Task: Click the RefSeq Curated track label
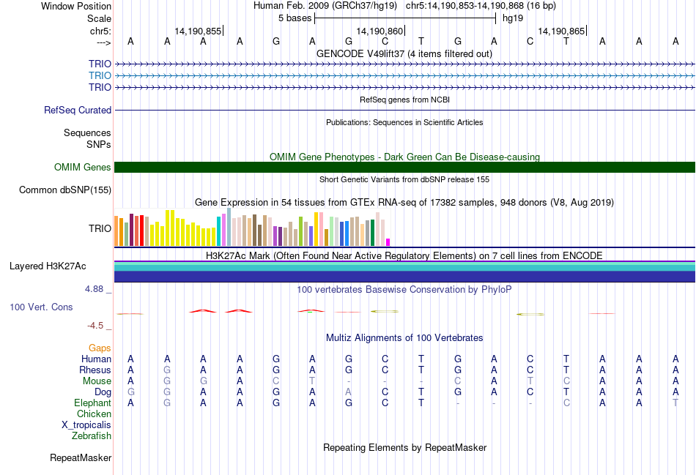(x=78, y=111)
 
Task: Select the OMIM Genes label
(x=83, y=168)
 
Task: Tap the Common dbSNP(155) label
(x=65, y=190)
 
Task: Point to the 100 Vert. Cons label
(x=41, y=307)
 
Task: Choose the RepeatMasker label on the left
(x=81, y=458)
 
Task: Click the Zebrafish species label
(x=92, y=436)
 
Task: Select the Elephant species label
(x=92, y=403)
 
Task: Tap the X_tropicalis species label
(x=86, y=425)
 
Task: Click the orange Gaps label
(x=100, y=348)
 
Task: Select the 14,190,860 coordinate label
(x=380, y=31)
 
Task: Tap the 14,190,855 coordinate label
(x=198, y=31)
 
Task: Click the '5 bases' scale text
(x=295, y=18)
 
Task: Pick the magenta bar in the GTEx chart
(x=388, y=242)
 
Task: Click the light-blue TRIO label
(x=100, y=75)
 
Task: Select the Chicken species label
(x=94, y=414)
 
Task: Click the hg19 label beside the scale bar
(x=512, y=18)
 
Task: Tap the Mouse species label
(x=97, y=381)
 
